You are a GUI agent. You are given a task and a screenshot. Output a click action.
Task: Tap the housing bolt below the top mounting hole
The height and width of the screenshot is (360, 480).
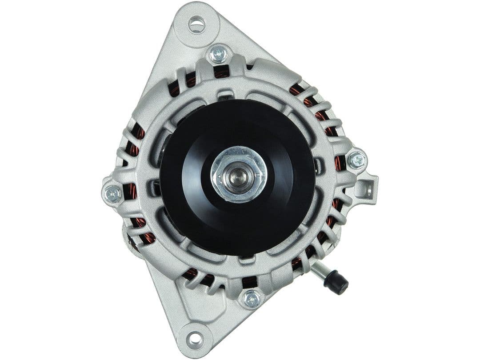218,54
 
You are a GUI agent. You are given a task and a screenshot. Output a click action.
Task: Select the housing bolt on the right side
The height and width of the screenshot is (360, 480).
357,160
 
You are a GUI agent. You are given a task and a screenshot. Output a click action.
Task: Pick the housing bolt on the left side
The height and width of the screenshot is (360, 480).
112,193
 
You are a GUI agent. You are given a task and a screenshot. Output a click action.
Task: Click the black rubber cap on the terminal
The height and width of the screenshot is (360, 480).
336,282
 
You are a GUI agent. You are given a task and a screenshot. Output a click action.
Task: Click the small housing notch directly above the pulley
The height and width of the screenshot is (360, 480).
226,95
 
